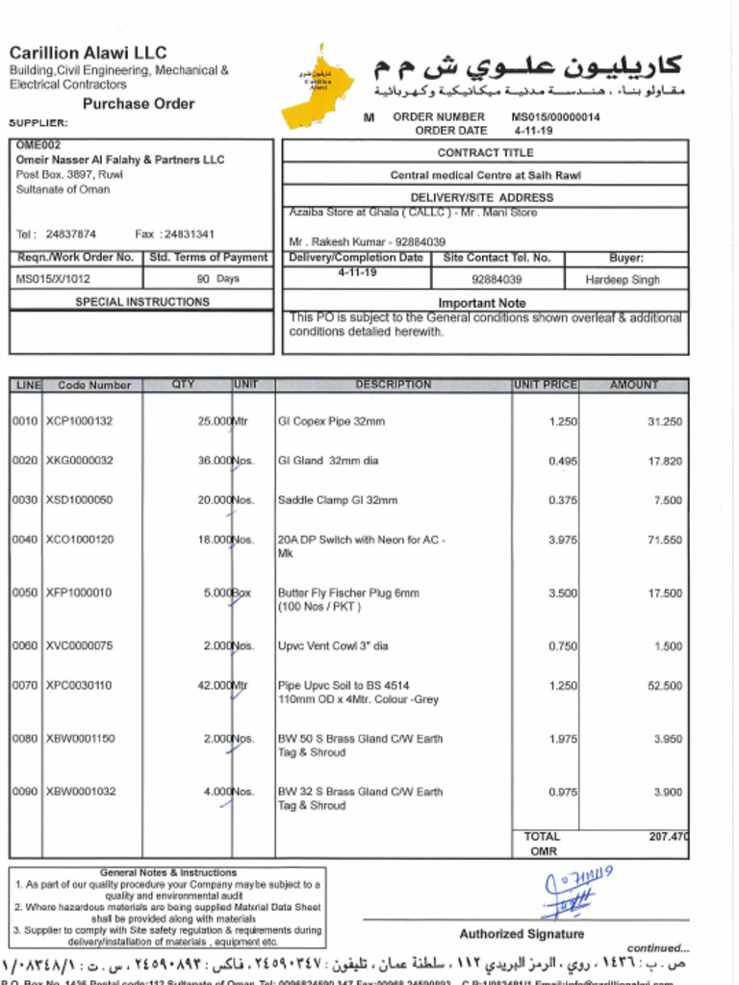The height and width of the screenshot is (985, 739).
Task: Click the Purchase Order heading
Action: [x=138, y=104]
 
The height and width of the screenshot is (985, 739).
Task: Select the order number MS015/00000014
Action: [x=555, y=117]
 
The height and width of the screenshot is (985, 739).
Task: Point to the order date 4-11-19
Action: [x=532, y=131]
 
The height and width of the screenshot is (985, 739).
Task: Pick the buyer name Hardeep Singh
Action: [x=623, y=280]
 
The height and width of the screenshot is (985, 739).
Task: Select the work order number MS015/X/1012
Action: [x=53, y=279]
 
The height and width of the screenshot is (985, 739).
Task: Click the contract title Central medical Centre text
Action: [x=485, y=176]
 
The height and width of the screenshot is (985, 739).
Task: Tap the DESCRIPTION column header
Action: [x=393, y=385]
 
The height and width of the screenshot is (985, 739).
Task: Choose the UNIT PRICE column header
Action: [x=545, y=385]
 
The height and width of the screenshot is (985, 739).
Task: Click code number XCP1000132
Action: [x=79, y=421]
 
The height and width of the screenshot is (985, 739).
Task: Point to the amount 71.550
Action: [x=664, y=541]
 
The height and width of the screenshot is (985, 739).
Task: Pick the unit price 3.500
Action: [x=563, y=594]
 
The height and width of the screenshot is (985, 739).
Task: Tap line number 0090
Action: [x=25, y=792]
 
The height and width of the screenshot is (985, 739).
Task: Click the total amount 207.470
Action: [x=668, y=837]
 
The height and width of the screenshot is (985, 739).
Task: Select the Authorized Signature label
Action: [x=521, y=934]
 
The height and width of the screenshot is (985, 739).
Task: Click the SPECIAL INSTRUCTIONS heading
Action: [x=142, y=302]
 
